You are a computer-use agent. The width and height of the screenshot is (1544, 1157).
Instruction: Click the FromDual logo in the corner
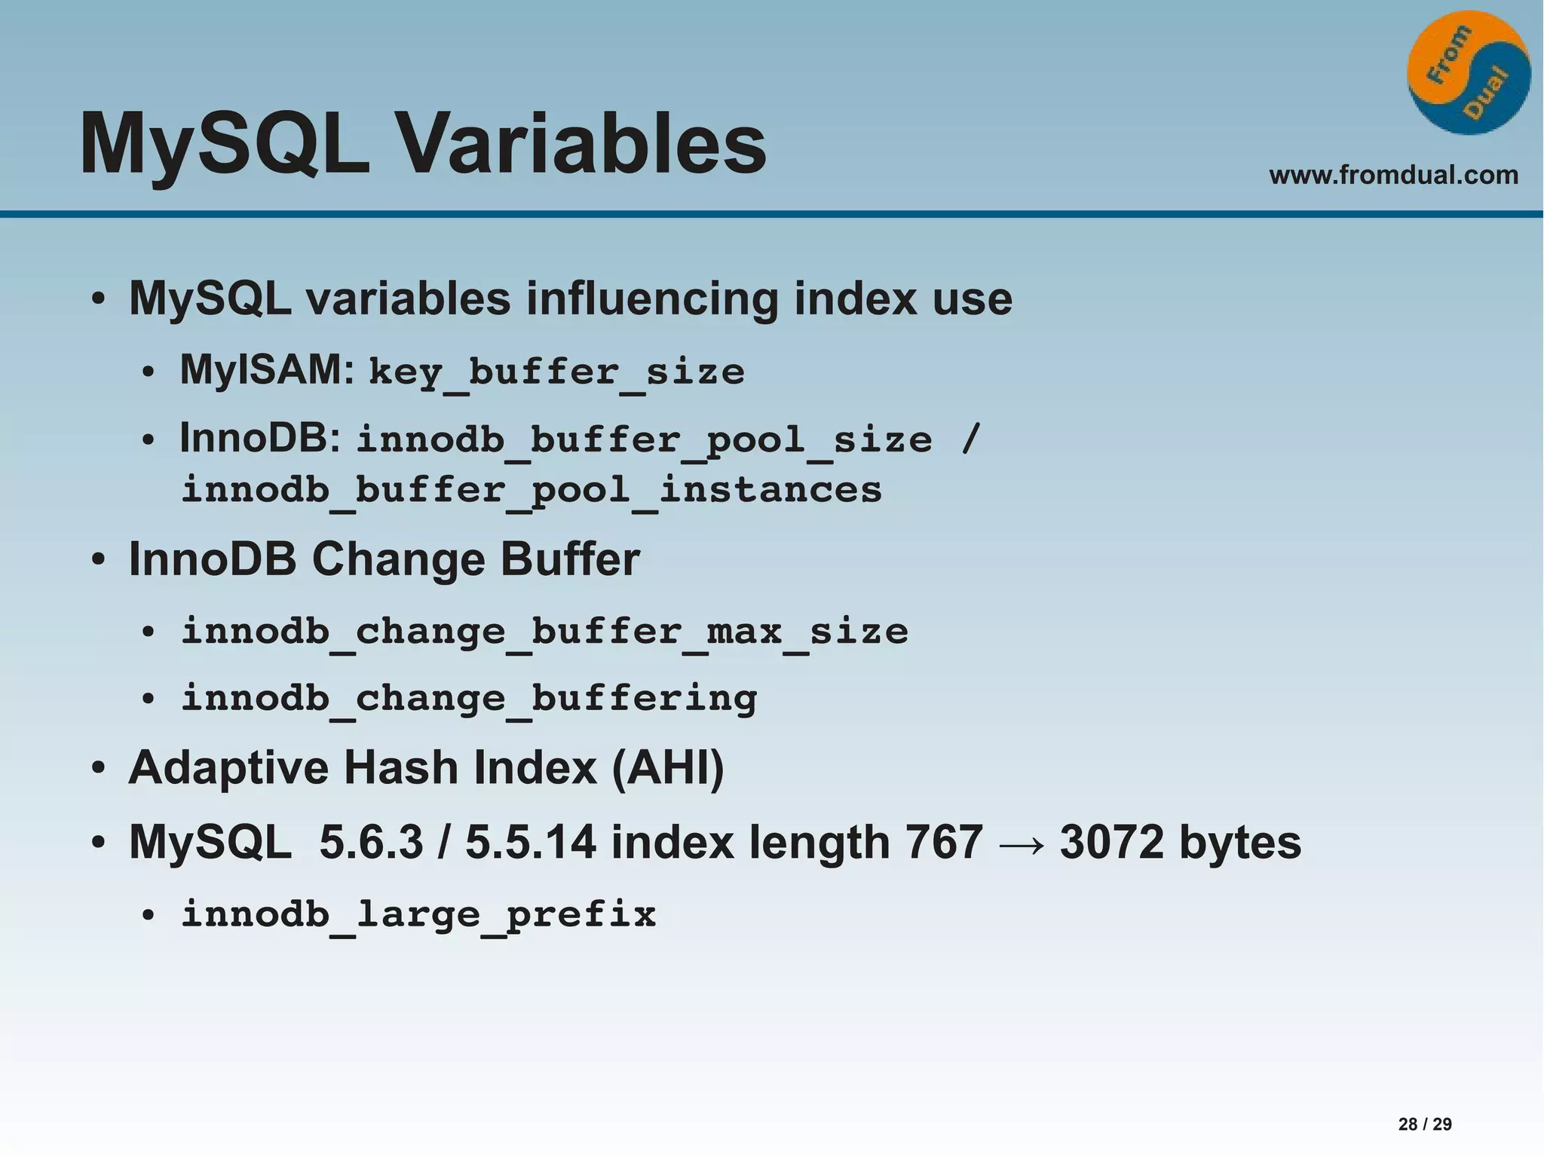[x=1468, y=72]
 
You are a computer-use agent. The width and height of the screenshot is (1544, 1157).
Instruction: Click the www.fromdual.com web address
[x=1393, y=175]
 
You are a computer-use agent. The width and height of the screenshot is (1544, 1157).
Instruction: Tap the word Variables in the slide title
[x=581, y=143]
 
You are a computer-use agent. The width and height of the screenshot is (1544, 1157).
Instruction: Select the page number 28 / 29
[x=1424, y=1124]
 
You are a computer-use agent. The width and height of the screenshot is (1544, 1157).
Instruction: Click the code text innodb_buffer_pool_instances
[x=532, y=490]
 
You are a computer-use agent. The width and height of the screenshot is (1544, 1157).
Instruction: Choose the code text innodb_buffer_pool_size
[x=644, y=440]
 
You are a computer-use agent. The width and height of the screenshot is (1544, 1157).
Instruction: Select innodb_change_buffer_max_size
[x=544, y=631]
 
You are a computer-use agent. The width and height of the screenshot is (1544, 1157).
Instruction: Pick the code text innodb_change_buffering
[x=469, y=698]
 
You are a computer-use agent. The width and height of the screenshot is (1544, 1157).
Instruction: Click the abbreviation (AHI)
[x=668, y=768]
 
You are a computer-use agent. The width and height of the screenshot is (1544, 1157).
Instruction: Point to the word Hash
[x=401, y=768]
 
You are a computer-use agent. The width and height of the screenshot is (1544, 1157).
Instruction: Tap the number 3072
[x=1111, y=842]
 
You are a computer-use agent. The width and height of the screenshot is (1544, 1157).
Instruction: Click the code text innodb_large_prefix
[x=418, y=914]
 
